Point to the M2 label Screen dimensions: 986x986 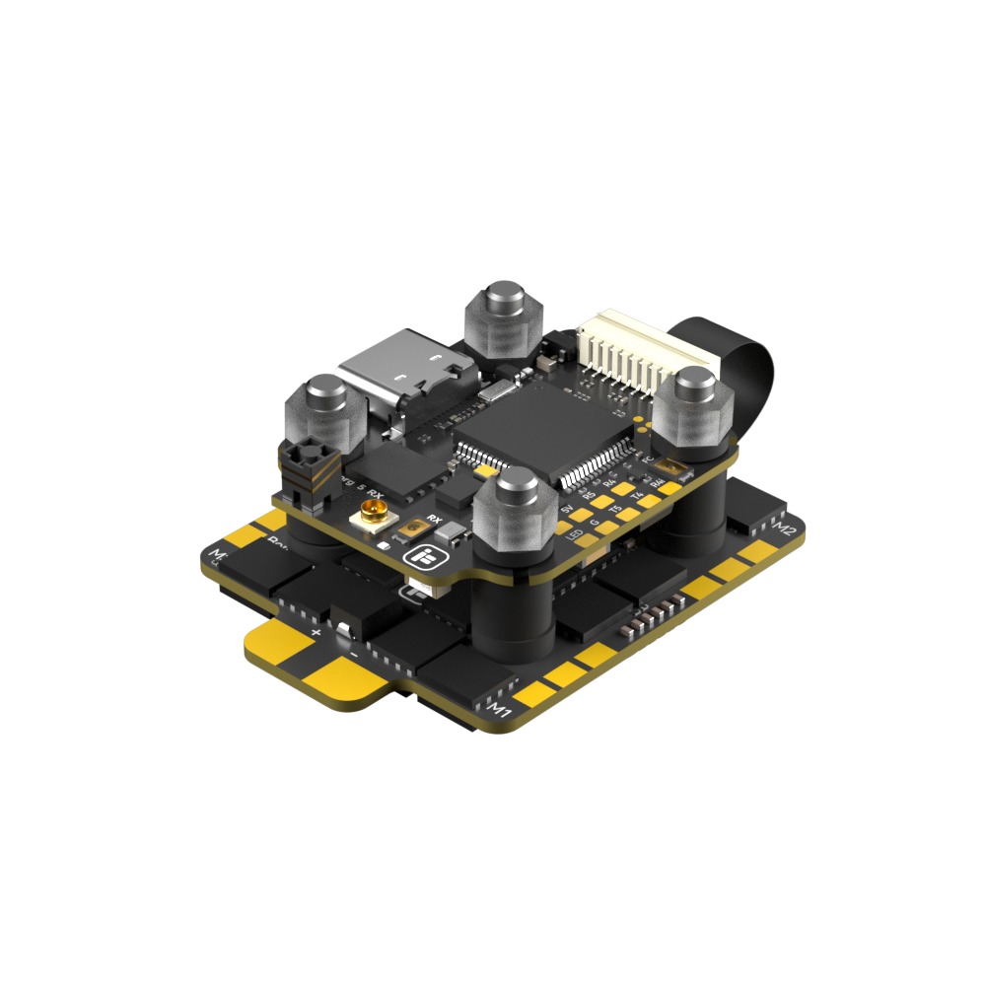786,530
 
